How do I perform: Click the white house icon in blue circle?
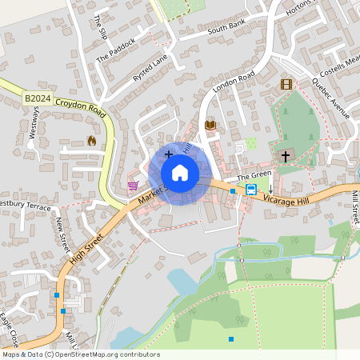180,173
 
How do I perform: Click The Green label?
254,174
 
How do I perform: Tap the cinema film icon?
286,84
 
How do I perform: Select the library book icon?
210,126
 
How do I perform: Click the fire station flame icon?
91,141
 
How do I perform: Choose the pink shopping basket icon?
132,186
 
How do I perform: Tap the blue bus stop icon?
251,190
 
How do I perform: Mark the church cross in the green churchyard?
286,156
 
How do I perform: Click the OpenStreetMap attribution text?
82,354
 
